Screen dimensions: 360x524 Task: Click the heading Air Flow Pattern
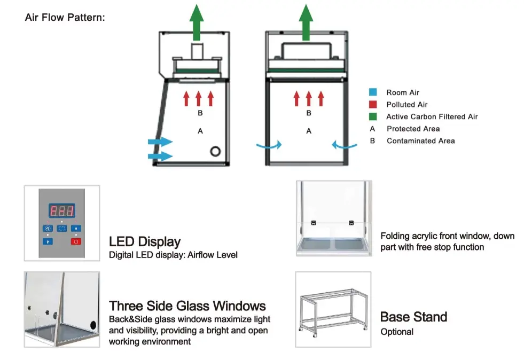click(x=65, y=18)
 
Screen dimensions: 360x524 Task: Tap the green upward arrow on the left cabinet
click(x=198, y=22)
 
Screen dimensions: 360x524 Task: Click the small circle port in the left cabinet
click(x=215, y=151)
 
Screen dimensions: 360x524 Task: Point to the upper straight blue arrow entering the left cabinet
click(x=160, y=142)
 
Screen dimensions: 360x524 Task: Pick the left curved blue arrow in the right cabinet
click(x=268, y=144)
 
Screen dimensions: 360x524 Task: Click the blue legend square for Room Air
click(x=373, y=93)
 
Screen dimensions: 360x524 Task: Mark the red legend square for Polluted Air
click(x=373, y=105)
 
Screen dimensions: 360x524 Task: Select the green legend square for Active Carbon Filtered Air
click(x=373, y=116)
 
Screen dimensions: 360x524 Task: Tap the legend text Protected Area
click(x=413, y=129)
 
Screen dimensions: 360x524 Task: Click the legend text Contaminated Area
click(x=420, y=141)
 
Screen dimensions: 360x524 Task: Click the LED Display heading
click(x=145, y=242)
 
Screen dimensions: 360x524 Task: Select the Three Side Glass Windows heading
click(x=187, y=306)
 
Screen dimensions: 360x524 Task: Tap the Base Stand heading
click(x=413, y=317)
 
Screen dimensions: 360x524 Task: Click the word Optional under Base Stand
click(x=397, y=332)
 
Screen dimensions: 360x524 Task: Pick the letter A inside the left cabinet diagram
click(x=200, y=131)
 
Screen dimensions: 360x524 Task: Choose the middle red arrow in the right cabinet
click(x=309, y=98)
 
